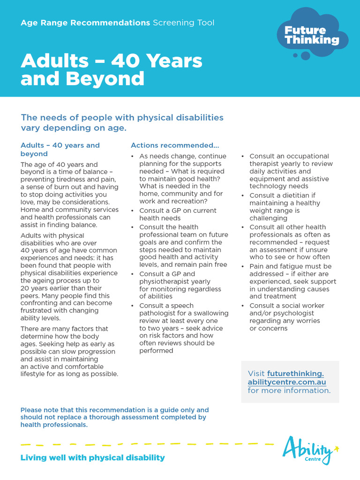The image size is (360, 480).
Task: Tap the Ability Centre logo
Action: coord(310,450)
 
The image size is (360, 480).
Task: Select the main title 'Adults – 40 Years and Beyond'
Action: coord(112,69)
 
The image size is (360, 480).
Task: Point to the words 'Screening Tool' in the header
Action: coord(183,23)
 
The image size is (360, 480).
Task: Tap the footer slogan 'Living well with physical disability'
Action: coord(93,457)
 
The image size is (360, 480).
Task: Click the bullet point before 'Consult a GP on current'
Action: coord(133,211)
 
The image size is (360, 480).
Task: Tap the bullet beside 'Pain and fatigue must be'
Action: coord(243,267)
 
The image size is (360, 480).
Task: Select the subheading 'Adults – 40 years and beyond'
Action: coord(60,150)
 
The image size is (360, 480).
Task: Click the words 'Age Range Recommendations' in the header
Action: coord(85,23)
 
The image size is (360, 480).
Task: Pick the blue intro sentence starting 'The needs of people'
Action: coord(122,122)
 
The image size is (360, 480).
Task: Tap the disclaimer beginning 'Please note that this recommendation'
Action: coord(114,417)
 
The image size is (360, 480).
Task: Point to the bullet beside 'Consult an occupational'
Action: coord(243,157)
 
